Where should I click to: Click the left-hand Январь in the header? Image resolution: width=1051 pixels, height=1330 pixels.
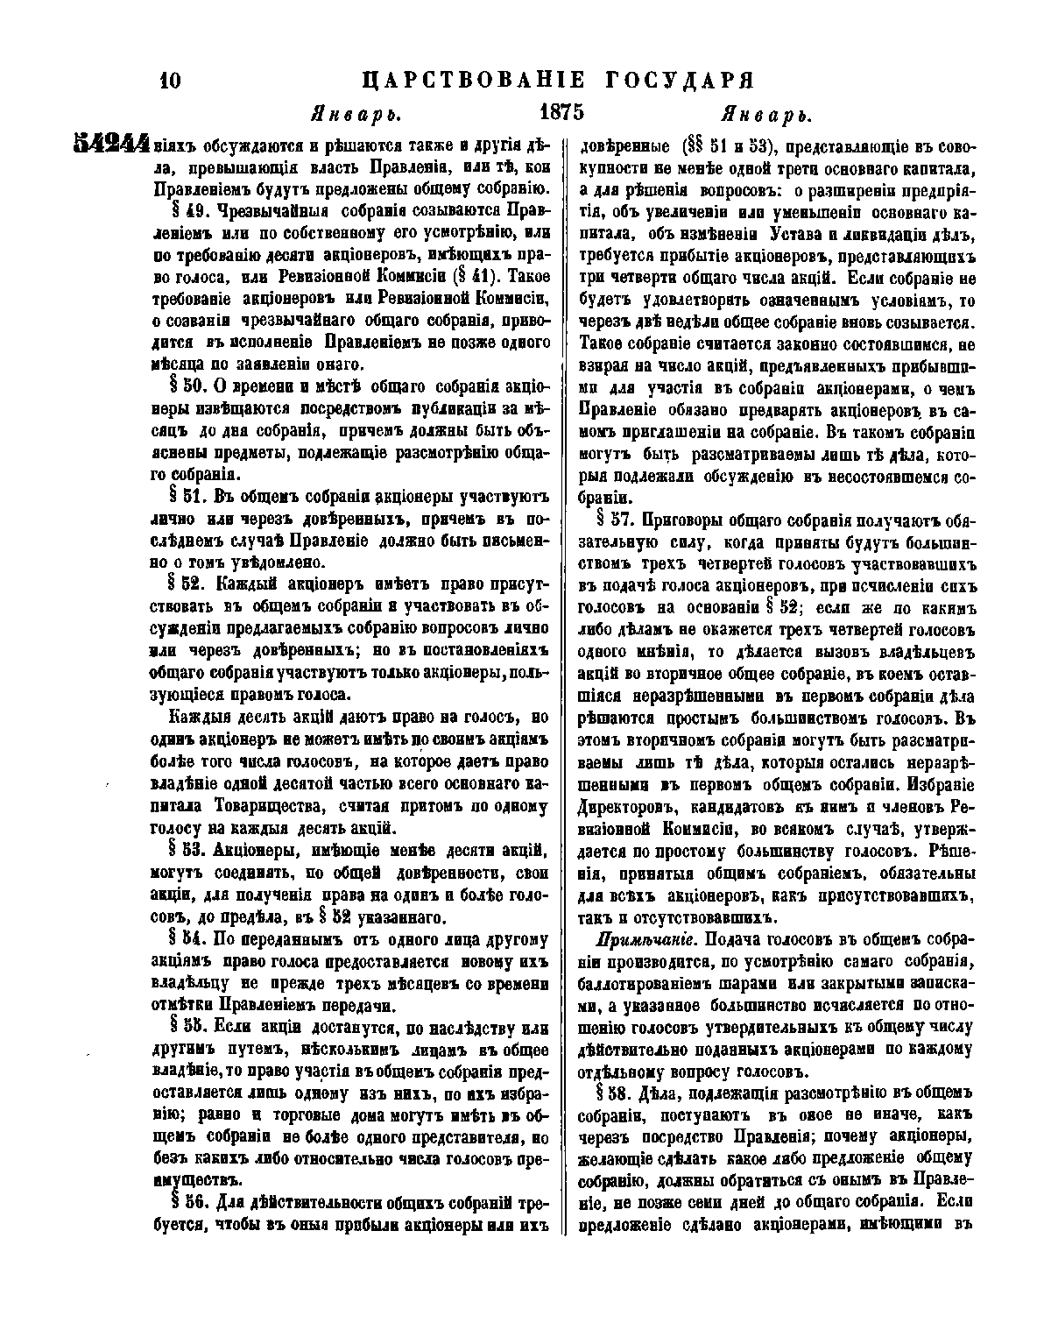356,115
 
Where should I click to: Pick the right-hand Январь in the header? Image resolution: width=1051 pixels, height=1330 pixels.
764,115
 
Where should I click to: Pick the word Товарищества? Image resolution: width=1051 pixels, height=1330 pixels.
266,805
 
